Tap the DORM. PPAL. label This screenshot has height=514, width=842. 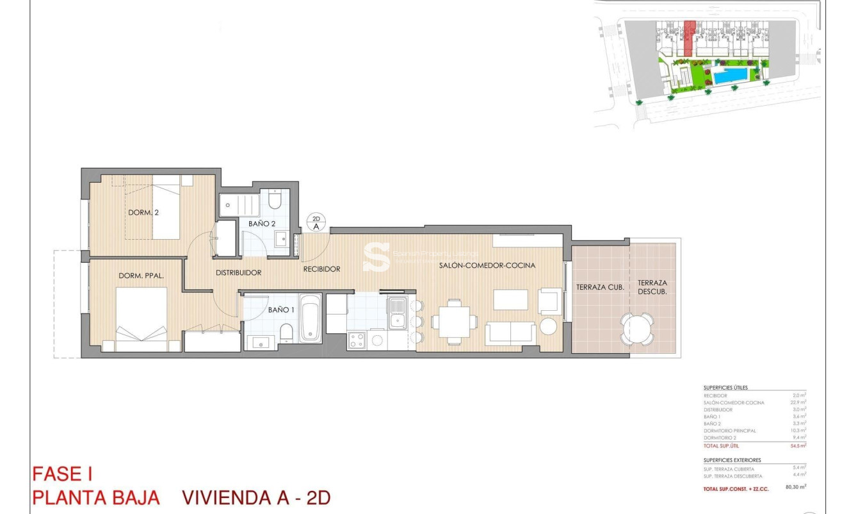coord(142,276)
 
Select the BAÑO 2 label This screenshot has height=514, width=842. coord(262,224)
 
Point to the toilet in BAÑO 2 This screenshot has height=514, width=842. coord(274,200)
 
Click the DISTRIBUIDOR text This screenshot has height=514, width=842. coord(238,272)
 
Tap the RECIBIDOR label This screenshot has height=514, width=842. coord(321,269)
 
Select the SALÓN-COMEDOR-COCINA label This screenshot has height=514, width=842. coord(487,265)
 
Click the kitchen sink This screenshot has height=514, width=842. coord(398,315)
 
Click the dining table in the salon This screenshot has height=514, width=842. coord(454,320)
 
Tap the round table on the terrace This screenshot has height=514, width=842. coord(636,328)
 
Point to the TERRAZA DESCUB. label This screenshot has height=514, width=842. coord(652,286)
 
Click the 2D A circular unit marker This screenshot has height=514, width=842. coord(316,222)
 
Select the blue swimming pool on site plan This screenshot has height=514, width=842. coord(731,76)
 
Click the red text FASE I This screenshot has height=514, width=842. coord(63,475)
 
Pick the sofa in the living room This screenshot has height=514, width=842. coord(511,331)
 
